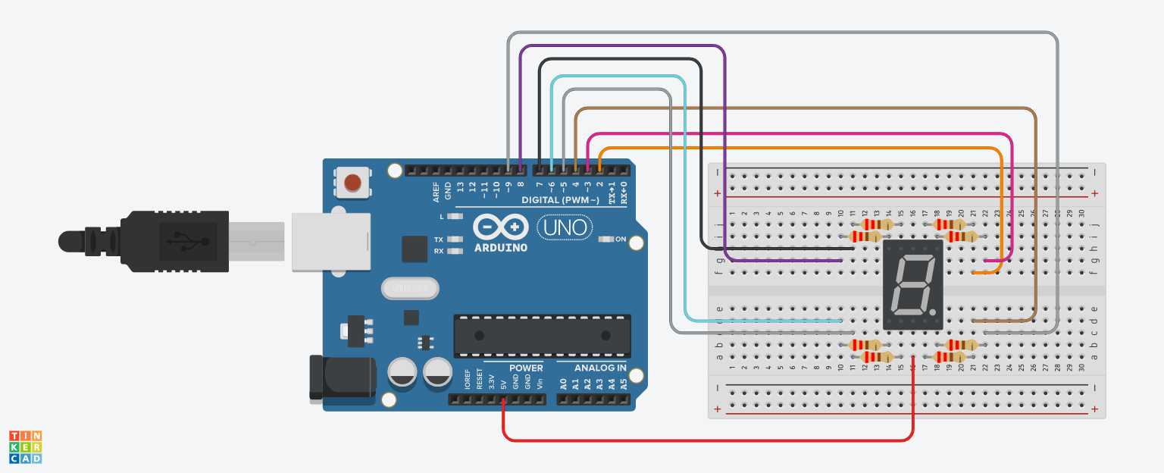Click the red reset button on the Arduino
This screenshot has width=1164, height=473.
pos(352,183)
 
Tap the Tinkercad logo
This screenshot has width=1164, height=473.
pos(25,447)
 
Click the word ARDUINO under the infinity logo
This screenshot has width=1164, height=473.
pos(500,247)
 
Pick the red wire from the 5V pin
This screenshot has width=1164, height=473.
pos(705,440)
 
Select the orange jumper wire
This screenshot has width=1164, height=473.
pos(796,148)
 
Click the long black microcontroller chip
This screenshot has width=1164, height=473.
pos(542,336)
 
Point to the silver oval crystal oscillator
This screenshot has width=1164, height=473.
pos(410,289)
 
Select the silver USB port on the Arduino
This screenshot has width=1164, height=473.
pos(331,242)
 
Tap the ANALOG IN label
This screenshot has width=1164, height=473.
pos(599,368)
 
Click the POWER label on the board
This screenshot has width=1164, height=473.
pos(526,368)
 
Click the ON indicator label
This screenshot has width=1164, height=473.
pos(621,240)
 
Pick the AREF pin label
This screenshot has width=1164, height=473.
pos(436,192)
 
